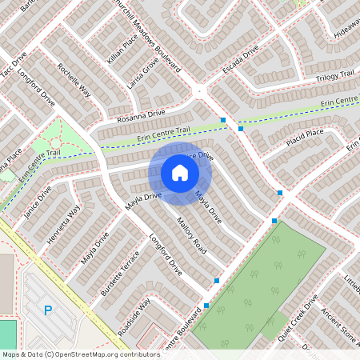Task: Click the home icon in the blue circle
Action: pyautogui.click(x=180, y=172)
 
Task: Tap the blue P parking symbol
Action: pyautogui.click(x=47, y=310)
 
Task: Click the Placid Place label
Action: pyautogui.click(x=304, y=138)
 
